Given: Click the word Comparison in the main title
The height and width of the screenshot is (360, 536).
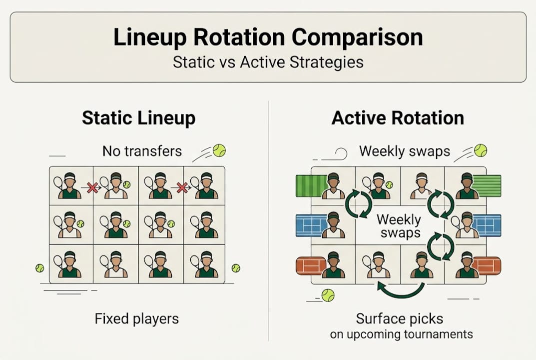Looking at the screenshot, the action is [357, 37].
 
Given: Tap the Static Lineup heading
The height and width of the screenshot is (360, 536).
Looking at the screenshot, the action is [139, 118].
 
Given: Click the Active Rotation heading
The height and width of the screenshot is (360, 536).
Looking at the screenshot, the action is [398, 118].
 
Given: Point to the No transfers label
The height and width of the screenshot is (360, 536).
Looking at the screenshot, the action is [142, 151].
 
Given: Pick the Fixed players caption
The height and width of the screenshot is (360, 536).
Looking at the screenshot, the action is [137, 319].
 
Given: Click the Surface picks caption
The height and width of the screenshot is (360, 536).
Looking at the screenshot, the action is [400, 318].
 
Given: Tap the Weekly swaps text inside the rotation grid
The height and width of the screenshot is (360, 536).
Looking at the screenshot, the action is [399, 226].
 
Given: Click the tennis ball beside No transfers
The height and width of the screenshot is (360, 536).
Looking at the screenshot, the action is [219, 150].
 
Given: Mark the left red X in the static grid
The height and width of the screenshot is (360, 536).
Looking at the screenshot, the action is [92, 187].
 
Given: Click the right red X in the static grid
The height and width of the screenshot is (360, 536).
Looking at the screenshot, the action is [182, 187].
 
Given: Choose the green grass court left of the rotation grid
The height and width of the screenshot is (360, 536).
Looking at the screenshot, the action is [312, 186].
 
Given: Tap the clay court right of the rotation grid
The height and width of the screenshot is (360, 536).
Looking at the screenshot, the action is [487, 265].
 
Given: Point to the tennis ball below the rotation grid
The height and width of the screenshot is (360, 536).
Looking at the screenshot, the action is [328, 295].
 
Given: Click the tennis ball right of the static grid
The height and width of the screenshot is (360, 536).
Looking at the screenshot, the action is [236, 268].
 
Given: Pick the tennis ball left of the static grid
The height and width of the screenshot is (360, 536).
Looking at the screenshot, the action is [39, 268].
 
